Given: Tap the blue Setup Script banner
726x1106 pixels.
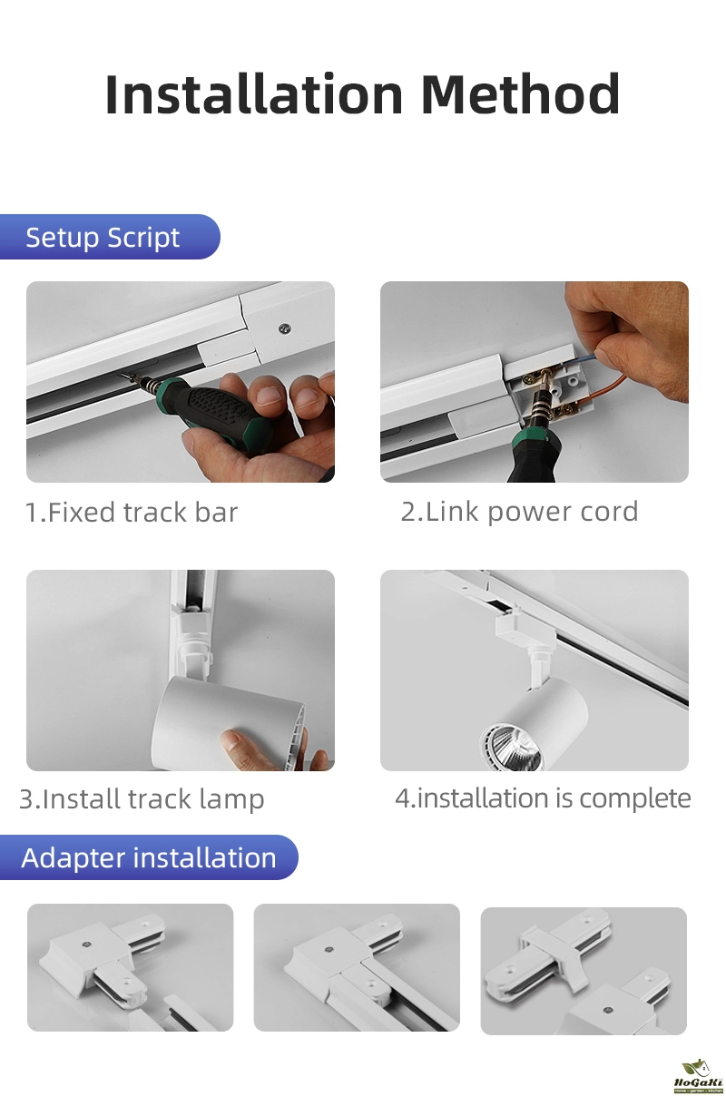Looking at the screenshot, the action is [110, 237].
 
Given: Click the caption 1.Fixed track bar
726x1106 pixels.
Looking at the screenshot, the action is [132, 512].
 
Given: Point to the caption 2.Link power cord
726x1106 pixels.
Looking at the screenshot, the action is [519, 512].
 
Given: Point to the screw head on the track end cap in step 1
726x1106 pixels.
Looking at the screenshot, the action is [284, 328].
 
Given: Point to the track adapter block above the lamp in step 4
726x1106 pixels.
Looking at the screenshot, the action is [515, 625].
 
